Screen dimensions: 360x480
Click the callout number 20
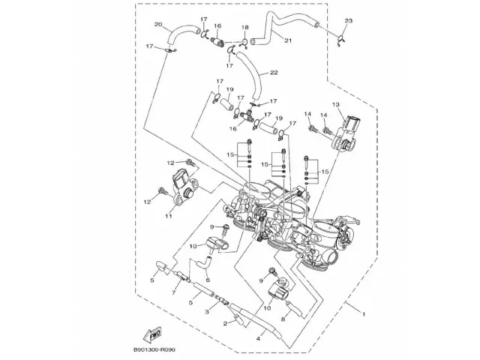pyautogui.click(x=158, y=25)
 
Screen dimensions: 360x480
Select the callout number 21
pyautogui.click(x=288, y=40)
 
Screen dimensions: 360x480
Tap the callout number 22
pyautogui.click(x=274, y=73)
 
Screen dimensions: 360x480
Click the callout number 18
pyautogui.click(x=244, y=28)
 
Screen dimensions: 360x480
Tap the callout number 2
pyautogui.click(x=224, y=323)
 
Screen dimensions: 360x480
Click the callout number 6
pyautogui.click(x=207, y=280)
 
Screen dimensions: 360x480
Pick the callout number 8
pyautogui.click(x=283, y=318)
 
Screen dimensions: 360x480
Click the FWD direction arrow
pyautogui.click(x=153, y=333)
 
